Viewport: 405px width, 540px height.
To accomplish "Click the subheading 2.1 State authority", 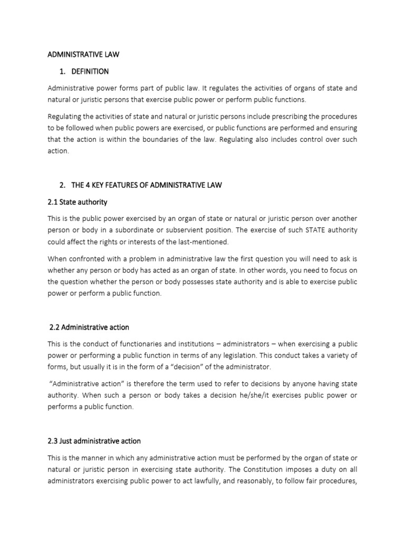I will coord(78,202).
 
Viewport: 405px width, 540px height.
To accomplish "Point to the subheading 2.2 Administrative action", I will coord(89,327).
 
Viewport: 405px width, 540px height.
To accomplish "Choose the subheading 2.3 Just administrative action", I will coord(94,441).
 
